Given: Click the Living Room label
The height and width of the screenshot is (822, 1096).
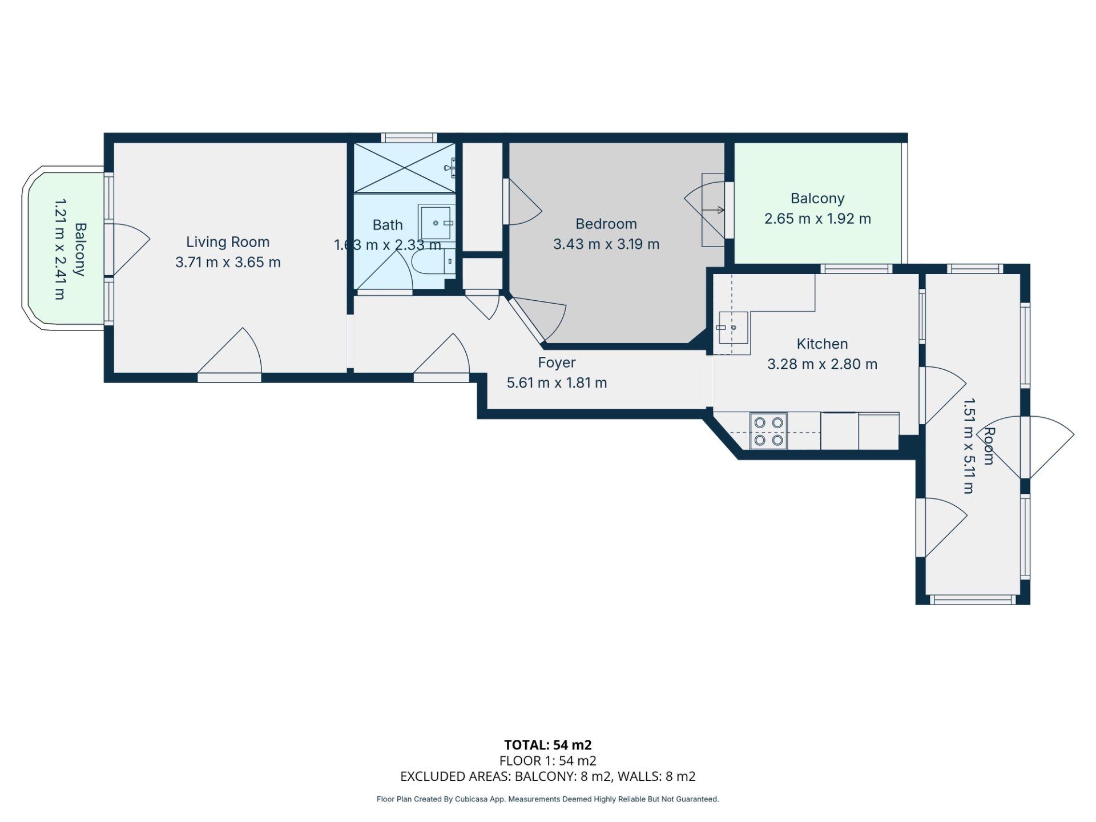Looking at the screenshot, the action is (x=228, y=242).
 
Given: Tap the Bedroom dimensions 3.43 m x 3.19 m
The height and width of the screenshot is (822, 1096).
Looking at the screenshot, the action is (x=606, y=244).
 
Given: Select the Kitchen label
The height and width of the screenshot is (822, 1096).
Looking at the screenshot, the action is (x=822, y=344).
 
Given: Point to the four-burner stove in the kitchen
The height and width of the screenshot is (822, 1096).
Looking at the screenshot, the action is (x=768, y=431).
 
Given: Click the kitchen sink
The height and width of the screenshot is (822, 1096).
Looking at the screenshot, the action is (x=734, y=328).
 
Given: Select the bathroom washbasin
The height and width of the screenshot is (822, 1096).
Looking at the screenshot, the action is (x=437, y=223).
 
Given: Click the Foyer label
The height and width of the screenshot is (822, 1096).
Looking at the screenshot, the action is (x=557, y=362).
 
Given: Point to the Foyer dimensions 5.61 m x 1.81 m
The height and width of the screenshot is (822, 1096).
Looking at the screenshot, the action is (x=557, y=382).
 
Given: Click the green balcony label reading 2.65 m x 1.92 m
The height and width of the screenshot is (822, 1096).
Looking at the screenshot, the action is (x=817, y=219).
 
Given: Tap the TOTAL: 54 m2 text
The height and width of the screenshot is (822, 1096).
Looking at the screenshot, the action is (x=548, y=745).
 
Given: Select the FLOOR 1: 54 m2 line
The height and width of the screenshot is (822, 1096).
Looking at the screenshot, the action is (x=548, y=760).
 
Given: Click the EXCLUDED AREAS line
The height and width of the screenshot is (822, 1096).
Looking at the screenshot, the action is (x=548, y=776).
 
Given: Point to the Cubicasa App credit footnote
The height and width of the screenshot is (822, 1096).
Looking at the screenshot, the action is (x=548, y=799).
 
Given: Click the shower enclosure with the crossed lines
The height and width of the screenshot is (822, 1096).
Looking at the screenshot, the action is (x=405, y=168).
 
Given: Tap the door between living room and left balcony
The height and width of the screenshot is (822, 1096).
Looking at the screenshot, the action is (x=128, y=249).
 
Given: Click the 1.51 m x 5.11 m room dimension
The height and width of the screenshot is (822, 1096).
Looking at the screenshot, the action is (x=969, y=446).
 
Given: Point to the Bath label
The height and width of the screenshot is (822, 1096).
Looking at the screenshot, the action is (x=388, y=225).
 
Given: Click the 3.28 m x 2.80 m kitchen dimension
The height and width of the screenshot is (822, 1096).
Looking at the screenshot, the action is (x=822, y=364).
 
